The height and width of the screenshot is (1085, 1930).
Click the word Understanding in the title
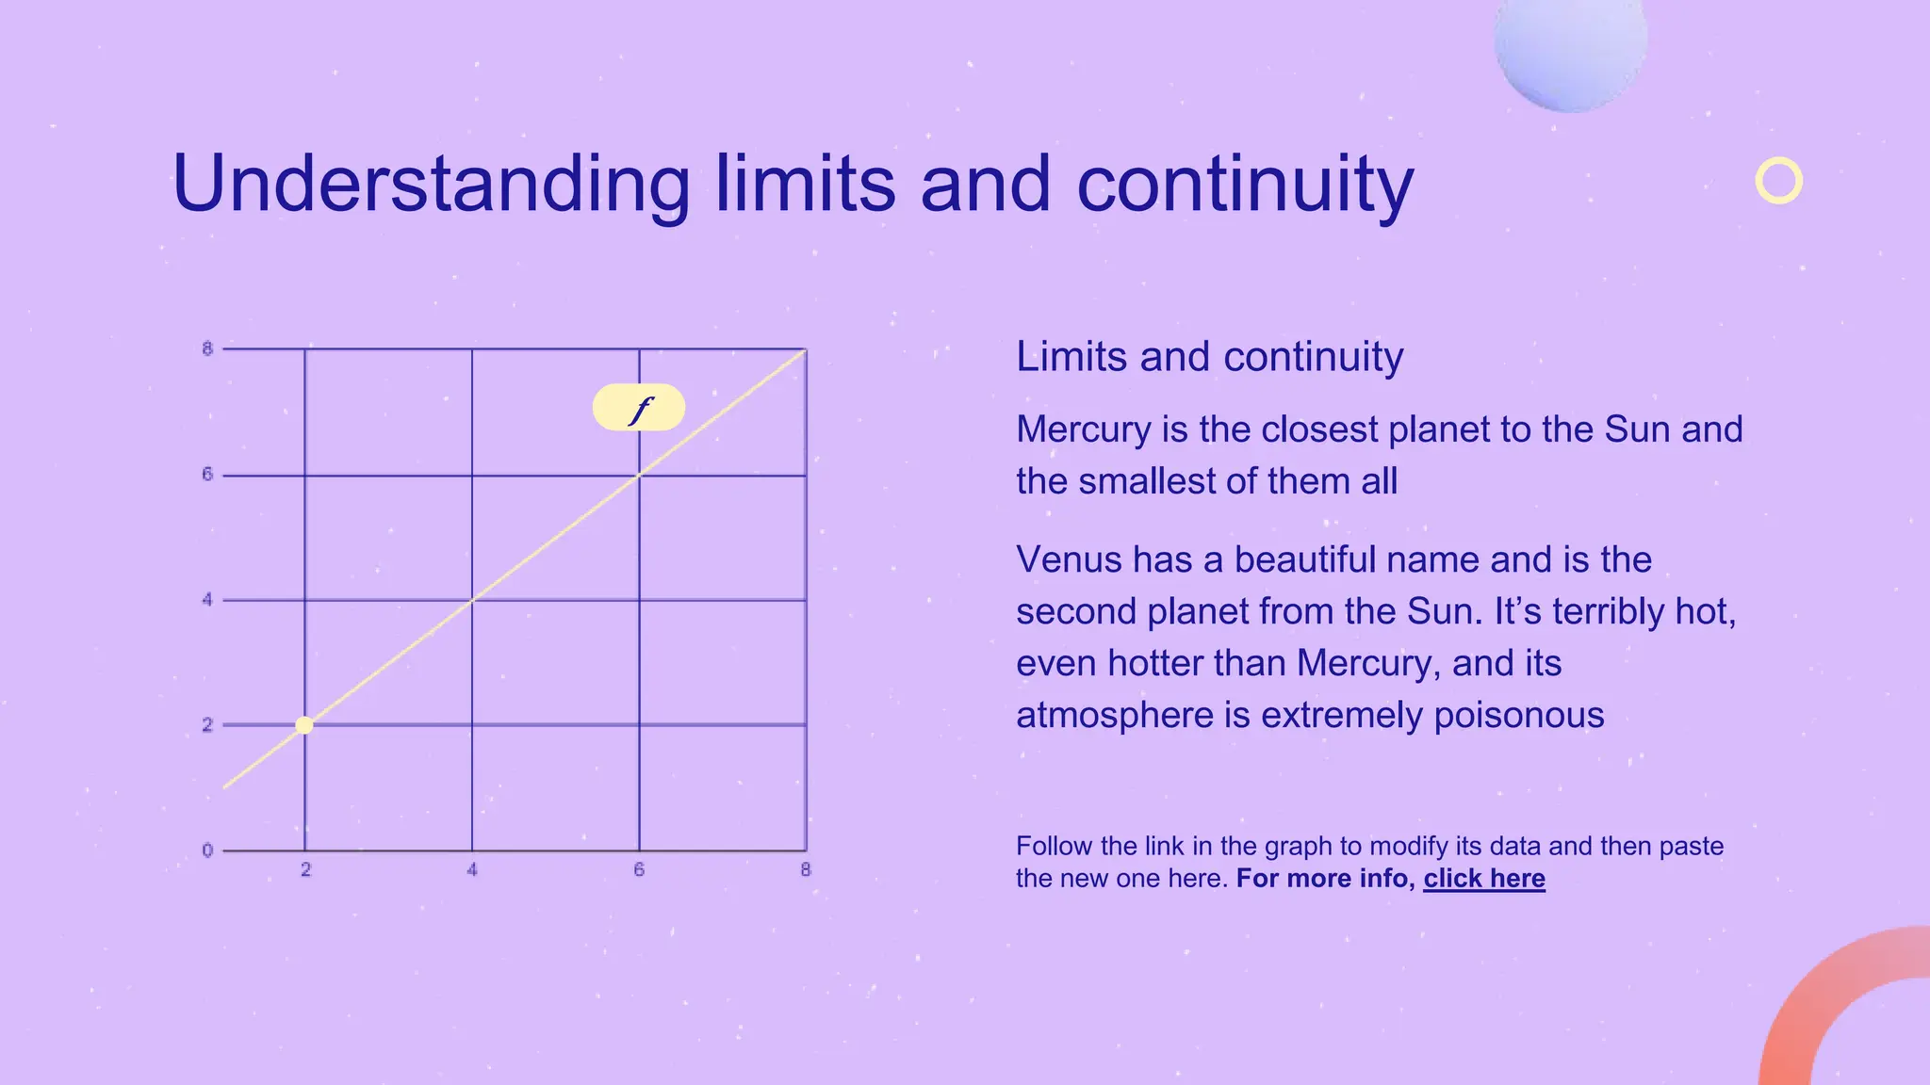(x=432, y=185)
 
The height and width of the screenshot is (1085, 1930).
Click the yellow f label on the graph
(x=639, y=408)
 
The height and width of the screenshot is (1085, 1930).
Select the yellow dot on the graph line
(x=304, y=725)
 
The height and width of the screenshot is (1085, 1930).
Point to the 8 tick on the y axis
(x=207, y=349)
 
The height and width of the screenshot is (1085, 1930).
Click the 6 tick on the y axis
(x=207, y=475)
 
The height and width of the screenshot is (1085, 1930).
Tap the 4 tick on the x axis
(x=472, y=870)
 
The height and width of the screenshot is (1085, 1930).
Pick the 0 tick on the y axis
(x=207, y=851)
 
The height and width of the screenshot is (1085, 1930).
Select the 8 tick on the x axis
(x=806, y=870)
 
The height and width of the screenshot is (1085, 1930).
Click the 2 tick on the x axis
(x=305, y=870)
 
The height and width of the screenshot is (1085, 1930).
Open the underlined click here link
(x=1483, y=879)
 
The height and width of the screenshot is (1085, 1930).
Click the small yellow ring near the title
(x=1778, y=181)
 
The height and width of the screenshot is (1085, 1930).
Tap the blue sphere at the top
(x=1570, y=47)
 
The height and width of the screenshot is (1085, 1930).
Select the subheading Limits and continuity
(x=1209, y=357)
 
